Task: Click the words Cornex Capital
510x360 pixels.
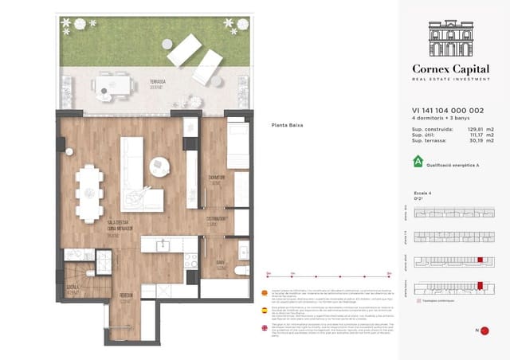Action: click(x=451, y=68)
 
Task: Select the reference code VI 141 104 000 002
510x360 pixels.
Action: click(x=442, y=112)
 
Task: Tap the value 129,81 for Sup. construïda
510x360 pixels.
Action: click(x=469, y=128)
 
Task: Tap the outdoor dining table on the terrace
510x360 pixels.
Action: click(x=114, y=84)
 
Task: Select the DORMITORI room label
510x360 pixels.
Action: click(x=215, y=178)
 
